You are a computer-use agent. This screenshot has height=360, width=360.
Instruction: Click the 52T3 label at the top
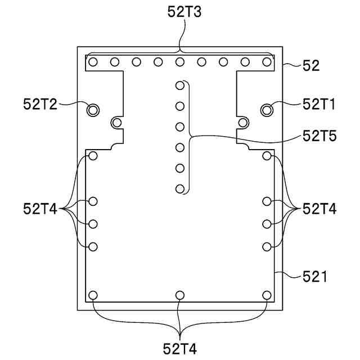[x=184, y=12]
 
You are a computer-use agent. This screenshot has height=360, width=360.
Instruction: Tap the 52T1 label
[x=319, y=104]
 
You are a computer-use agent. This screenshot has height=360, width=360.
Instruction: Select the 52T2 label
[x=40, y=104]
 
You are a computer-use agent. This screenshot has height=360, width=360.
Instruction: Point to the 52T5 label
[x=319, y=136]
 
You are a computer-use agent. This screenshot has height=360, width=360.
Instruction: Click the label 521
[x=314, y=276]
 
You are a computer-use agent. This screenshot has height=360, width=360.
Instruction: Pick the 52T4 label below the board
[x=180, y=349]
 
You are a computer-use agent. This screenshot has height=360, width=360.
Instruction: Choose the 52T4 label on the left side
[x=40, y=209]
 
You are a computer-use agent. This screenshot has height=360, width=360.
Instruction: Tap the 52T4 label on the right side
[x=319, y=209]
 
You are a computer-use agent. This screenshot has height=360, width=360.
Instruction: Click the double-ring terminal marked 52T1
[x=267, y=110]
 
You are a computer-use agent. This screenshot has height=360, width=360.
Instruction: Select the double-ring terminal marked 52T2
[x=93, y=110]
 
